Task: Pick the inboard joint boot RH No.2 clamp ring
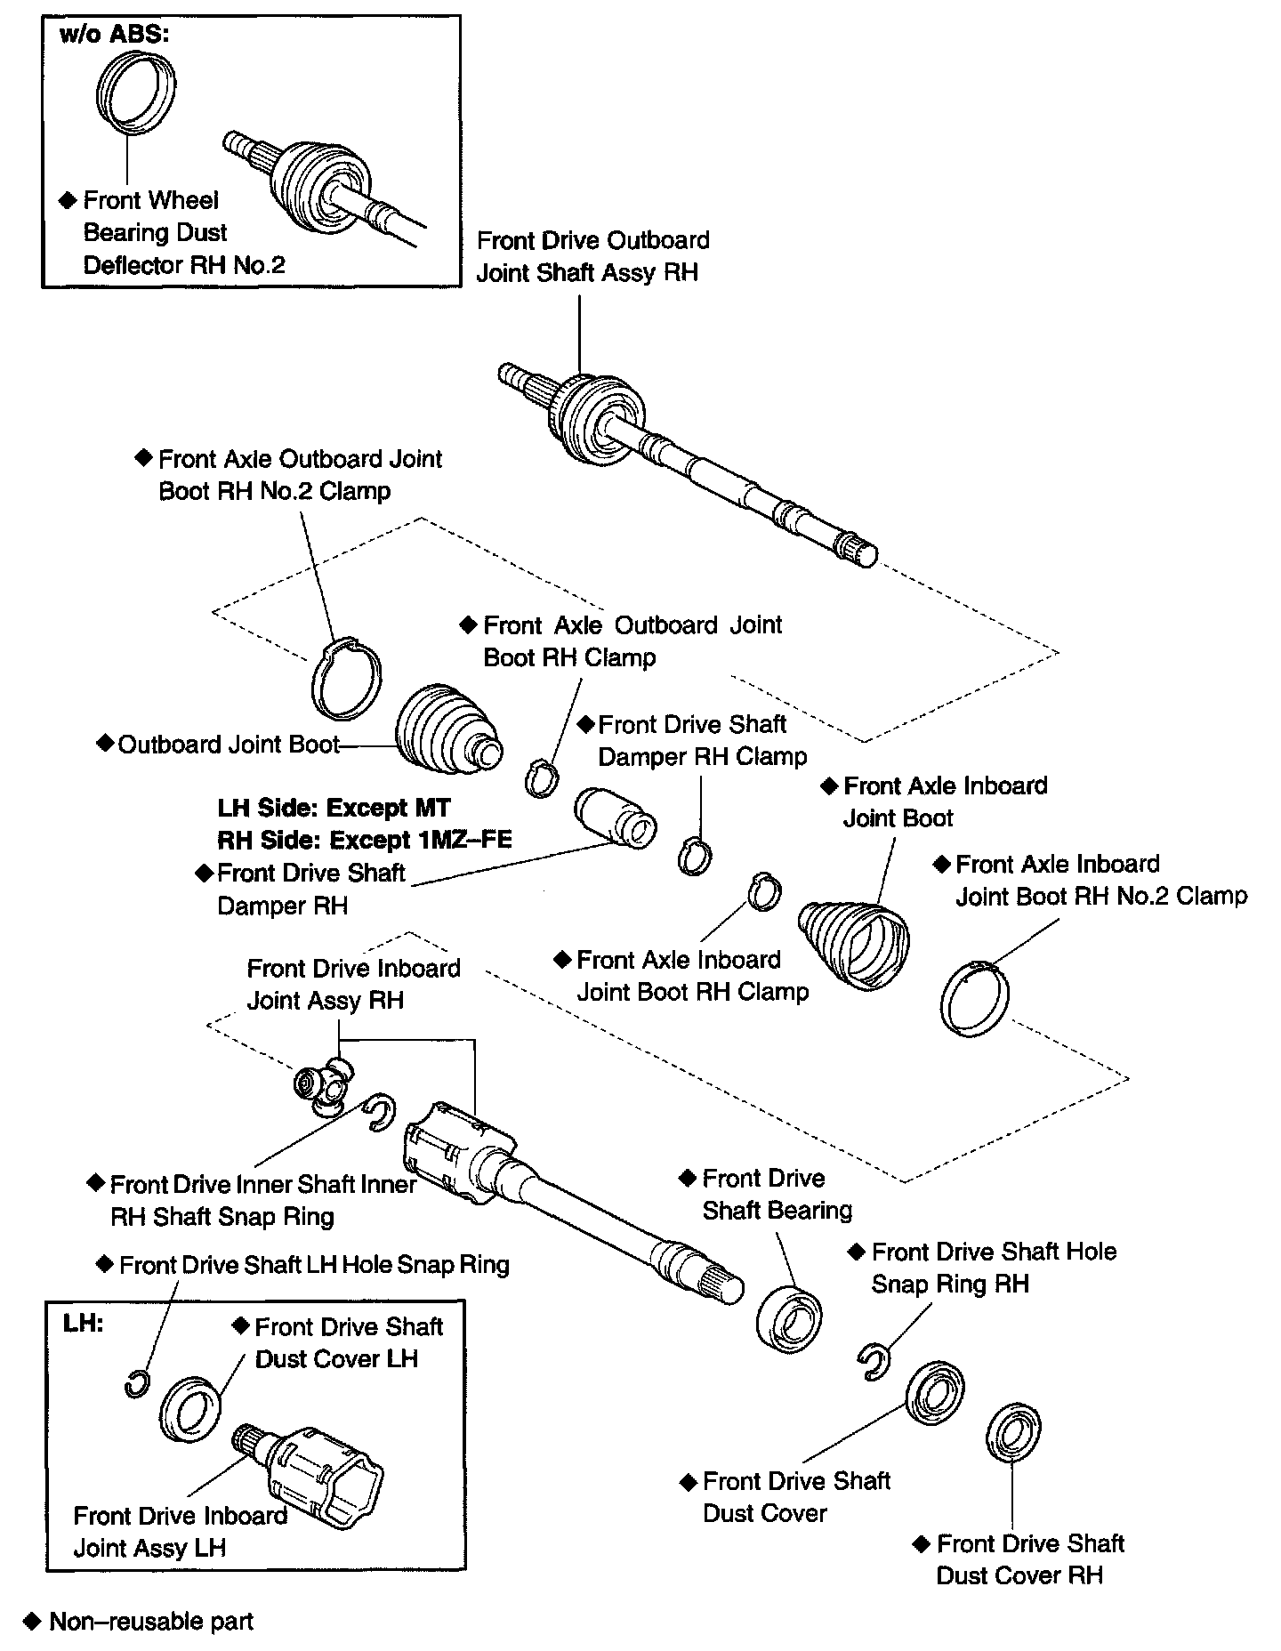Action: click(975, 998)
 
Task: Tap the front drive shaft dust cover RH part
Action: click(1013, 1433)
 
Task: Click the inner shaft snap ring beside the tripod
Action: click(379, 1112)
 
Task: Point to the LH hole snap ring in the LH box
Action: click(136, 1384)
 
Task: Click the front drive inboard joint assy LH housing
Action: click(325, 1477)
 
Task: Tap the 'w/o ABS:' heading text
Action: click(114, 36)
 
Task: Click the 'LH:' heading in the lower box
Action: click(83, 1323)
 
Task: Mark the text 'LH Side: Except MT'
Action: click(334, 808)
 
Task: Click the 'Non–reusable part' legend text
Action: click(151, 1622)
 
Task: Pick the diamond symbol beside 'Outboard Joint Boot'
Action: click(105, 743)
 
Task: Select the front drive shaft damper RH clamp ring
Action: click(695, 856)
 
